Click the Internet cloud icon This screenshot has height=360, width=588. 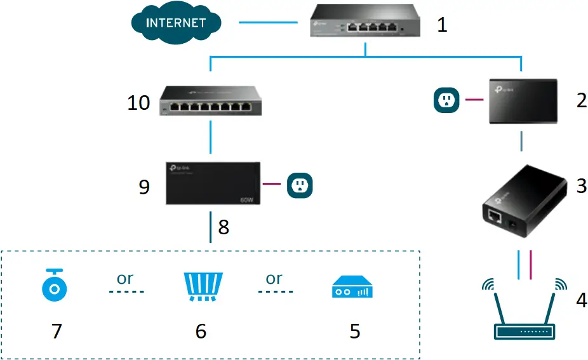[x=175, y=23]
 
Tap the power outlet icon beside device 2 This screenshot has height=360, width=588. [x=447, y=100]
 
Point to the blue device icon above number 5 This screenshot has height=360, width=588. [x=352, y=288]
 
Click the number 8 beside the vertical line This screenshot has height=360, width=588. [x=224, y=227]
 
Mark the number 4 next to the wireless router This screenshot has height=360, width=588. [x=581, y=300]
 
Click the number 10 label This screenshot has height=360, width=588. [x=138, y=102]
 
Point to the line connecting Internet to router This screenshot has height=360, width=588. [x=268, y=23]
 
